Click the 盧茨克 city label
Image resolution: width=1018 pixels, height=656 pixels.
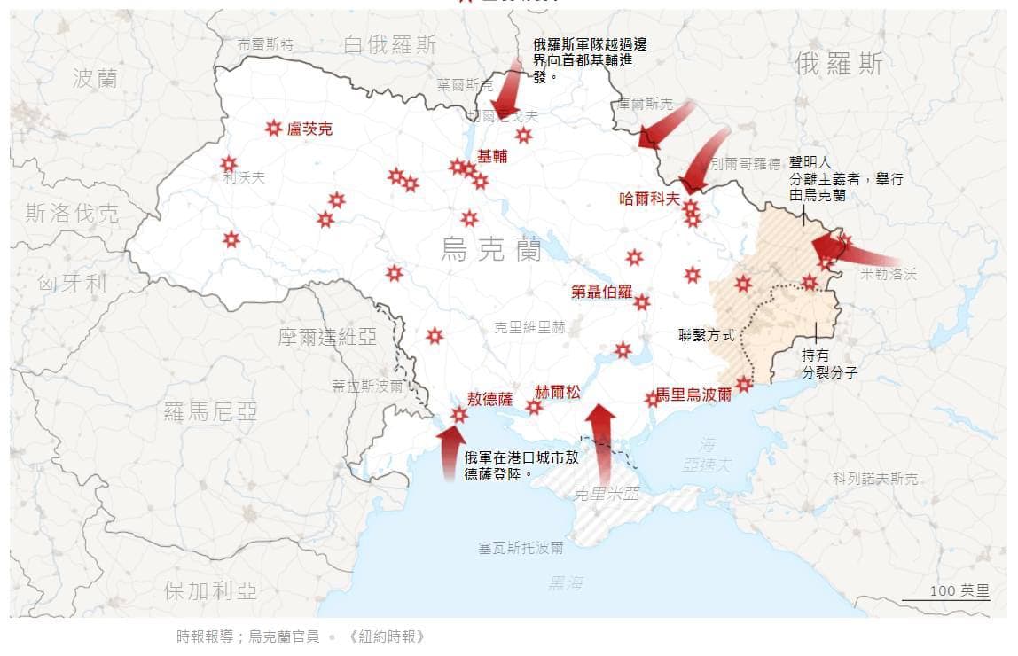point(310,129)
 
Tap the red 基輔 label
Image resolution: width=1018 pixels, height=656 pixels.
point(493,156)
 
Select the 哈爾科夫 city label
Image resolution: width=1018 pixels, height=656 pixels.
point(649,199)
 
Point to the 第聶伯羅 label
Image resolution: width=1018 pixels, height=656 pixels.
point(601,292)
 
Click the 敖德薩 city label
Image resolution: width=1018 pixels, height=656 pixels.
point(489,398)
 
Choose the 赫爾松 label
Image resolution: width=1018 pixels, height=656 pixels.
point(557,392)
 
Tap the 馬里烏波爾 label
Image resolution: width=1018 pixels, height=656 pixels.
point(694,394)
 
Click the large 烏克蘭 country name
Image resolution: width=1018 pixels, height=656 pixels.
point(491,251)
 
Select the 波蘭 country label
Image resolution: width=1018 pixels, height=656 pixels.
point(95,78)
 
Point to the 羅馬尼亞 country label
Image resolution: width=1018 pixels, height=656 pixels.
point(211,410)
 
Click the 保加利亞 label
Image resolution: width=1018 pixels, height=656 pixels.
point(211,590)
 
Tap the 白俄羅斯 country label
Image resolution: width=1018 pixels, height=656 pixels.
point(390,44)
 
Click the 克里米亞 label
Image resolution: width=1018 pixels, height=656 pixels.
point(607,494)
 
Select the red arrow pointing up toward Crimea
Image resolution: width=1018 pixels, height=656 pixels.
point(601,439)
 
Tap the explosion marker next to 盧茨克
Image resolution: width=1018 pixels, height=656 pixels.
point(273,129)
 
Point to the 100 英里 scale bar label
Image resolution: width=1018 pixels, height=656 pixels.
point(959,591)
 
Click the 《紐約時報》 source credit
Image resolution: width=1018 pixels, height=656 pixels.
point(388,636)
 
